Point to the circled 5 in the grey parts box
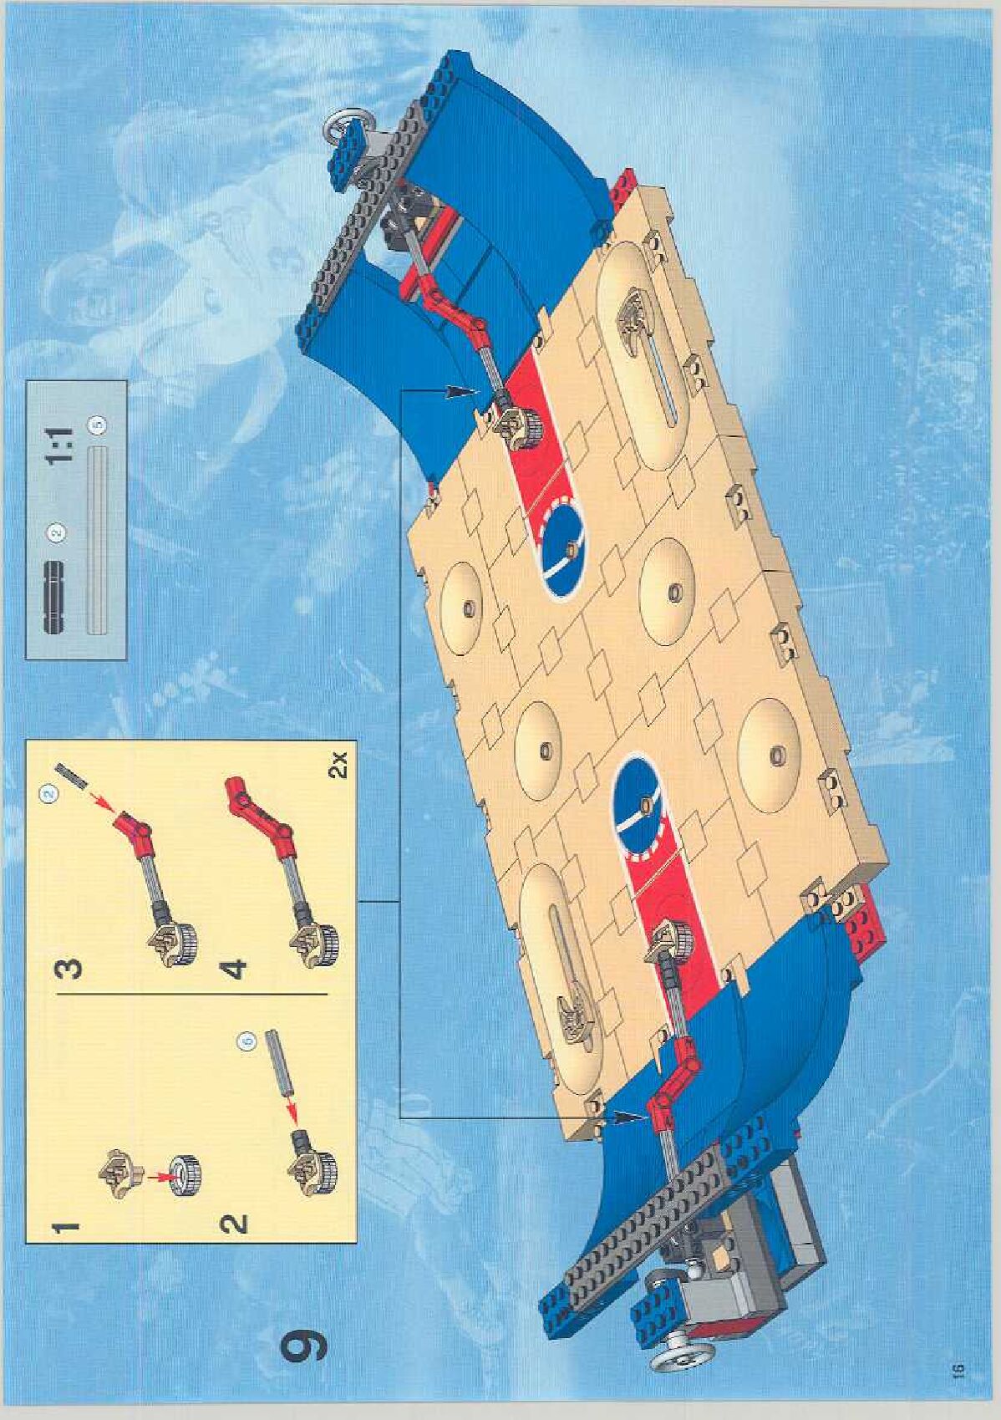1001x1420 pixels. coord(99,425)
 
